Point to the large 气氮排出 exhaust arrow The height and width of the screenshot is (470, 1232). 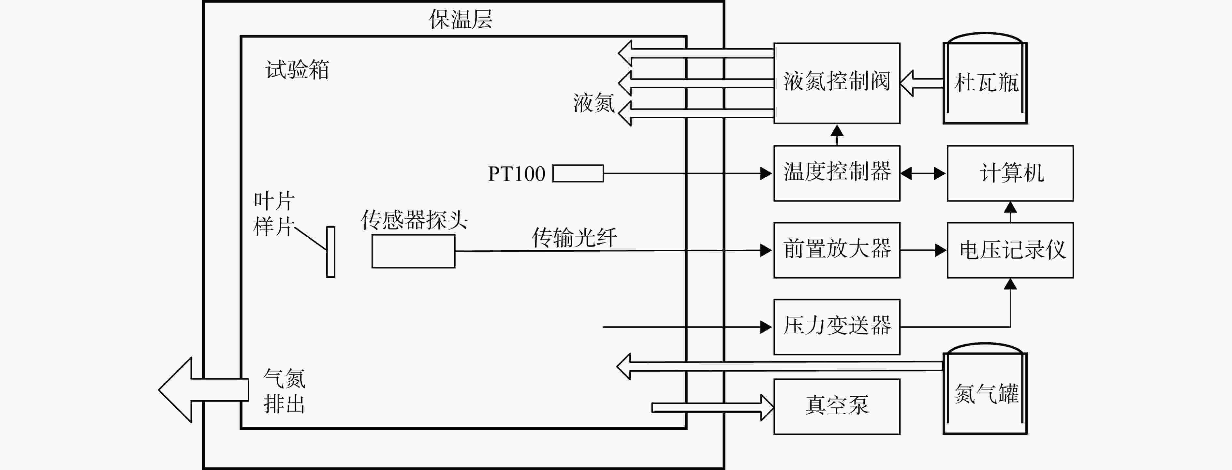203,390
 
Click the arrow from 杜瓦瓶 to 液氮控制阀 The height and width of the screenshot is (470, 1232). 922,83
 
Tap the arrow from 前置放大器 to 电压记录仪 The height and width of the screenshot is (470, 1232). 924,250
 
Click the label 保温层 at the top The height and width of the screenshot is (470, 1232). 460,19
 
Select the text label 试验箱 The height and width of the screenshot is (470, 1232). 297,70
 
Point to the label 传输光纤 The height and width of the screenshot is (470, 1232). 574,237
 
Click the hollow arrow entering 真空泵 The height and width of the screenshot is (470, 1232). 712,407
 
